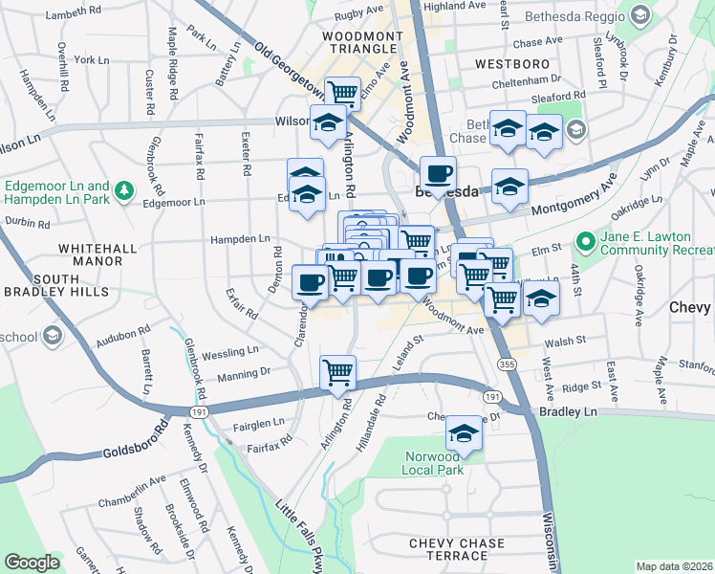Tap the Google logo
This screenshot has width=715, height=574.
(32, 563)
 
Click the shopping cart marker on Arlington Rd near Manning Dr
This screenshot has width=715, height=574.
(338, 372)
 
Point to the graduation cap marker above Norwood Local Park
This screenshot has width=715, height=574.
(464, 433)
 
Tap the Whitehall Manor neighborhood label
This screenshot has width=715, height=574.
(92, 254)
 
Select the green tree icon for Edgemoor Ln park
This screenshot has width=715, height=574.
(123, 192)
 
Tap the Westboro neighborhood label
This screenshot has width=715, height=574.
(509, 64)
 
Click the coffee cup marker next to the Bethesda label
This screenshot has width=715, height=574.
(438, 174)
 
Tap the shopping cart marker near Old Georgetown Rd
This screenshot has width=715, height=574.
(342, 94)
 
